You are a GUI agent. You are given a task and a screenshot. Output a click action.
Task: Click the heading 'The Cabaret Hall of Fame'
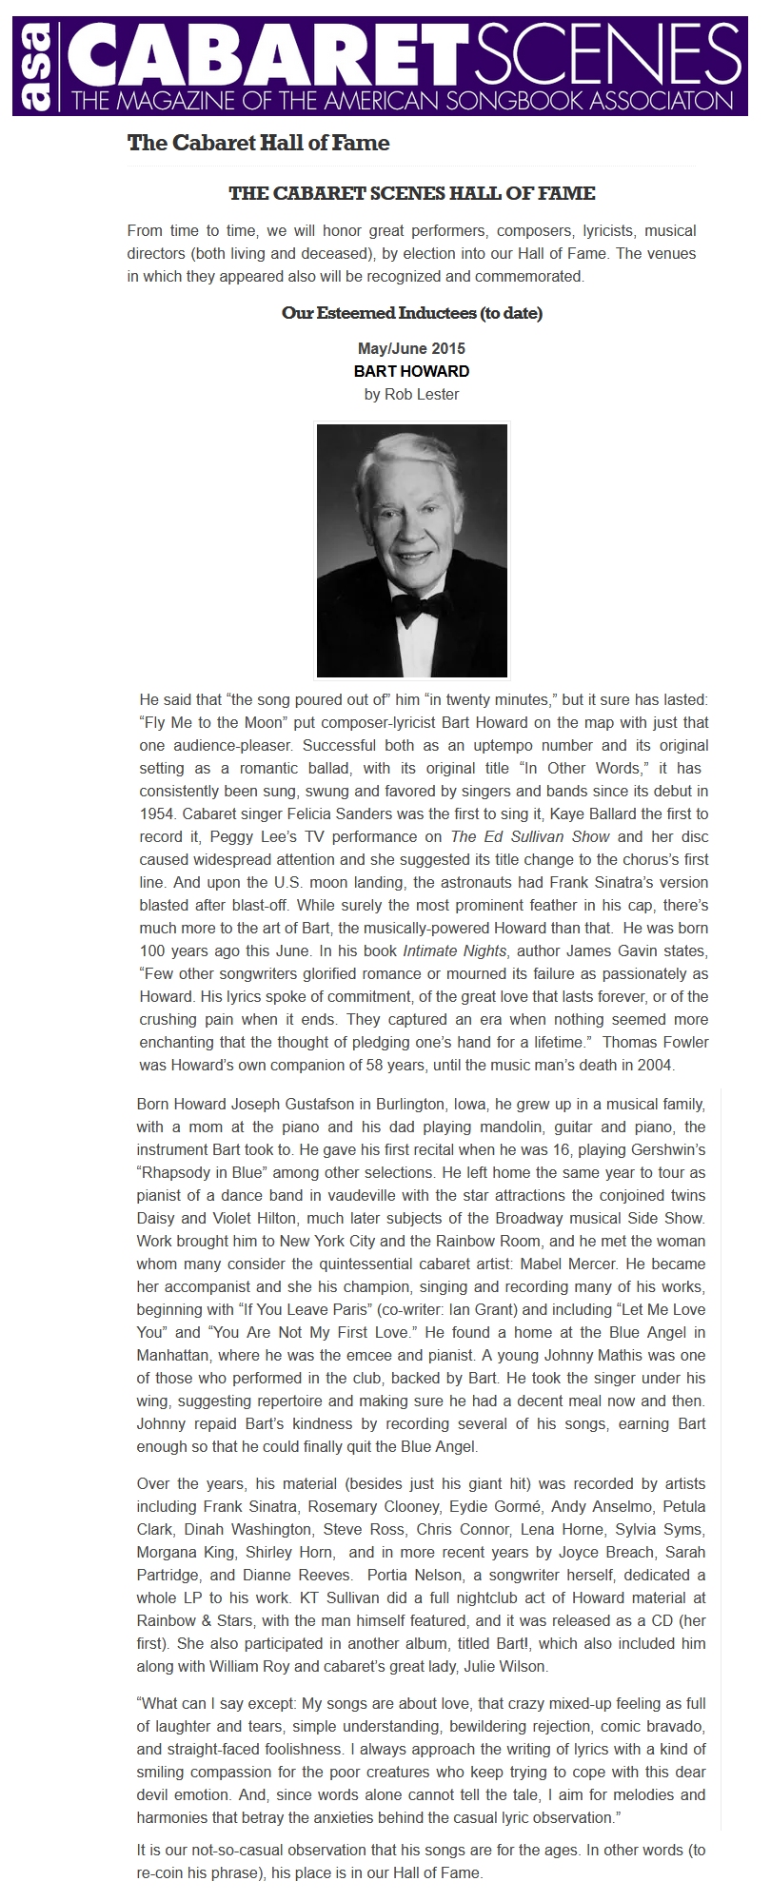(x=258, y=144)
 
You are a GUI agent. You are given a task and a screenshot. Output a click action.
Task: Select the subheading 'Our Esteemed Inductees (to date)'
(x=411, y=313)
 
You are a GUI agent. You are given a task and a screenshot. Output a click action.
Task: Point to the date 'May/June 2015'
(x=411, y=349)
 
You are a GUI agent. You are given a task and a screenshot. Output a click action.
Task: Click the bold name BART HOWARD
(x=411, y=371)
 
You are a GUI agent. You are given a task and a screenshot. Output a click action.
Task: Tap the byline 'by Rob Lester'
(x=411, y=394)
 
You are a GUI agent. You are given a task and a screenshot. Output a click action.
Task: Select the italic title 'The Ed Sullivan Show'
(x=531, y=837)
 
